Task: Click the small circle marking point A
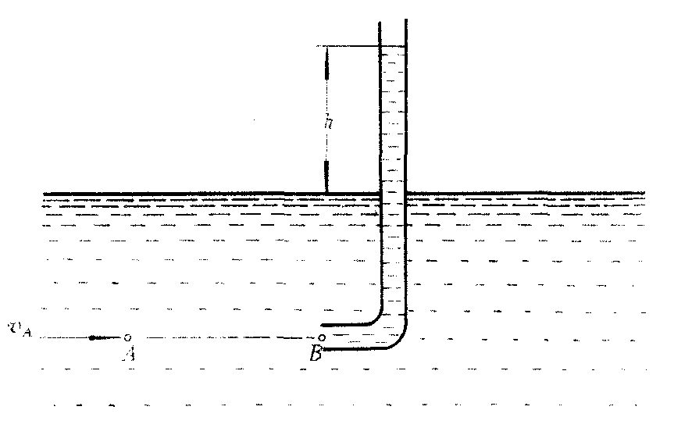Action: pyautogui.click(x=127, y=338)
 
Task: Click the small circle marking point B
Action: pyautogui.click(x=322, y=338)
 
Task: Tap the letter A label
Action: pyautogui.click(x=129, y=353)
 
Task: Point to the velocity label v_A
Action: pyautogui.click(x=20, y=329)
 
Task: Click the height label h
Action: pyautogui.click(x=328, y=121)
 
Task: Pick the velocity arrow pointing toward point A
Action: pyautogui.click(x=104, y=338)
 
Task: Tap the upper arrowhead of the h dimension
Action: pyautogui.click(x=326, y=63)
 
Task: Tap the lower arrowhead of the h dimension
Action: pyautogui.click(x=326, y=176)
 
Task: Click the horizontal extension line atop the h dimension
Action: pyautogui.click(x=361, y=46)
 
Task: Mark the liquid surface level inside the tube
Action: pyautogui.click(x=393, y=46)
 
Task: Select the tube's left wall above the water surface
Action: pyautogui.click(x=380, y=107)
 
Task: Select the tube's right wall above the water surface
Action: pyautogui.click(x=406, y=106)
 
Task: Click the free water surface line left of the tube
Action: pyautogui.click(x=211, y=193)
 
